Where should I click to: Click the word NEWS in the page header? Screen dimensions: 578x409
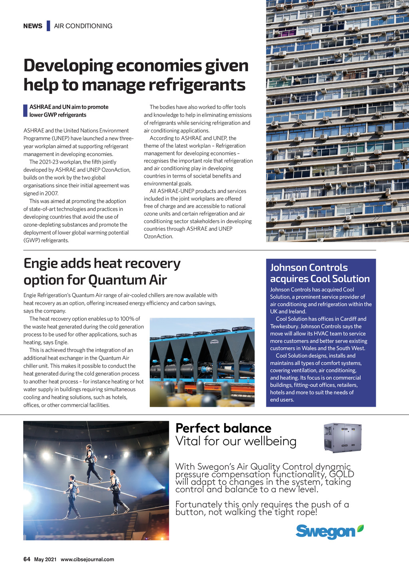[x=33, y=26]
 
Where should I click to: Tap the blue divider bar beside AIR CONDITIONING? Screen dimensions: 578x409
[x=48, y=26]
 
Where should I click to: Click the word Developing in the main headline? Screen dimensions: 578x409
[x=68, y=65]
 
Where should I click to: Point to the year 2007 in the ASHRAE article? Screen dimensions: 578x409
[x=52, y=193]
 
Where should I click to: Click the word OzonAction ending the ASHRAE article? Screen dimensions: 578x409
[x=158, y=236]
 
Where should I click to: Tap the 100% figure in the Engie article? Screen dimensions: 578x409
[x=127, y=319]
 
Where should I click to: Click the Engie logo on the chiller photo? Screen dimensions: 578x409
[x=214, y=342]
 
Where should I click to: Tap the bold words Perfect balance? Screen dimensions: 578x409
[x=223, y=428]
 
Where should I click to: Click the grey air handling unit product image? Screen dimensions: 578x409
[x=342, y=437]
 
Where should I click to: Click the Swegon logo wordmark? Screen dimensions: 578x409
[x=325, y=532]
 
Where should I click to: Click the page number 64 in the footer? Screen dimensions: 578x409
[x=27, y=559]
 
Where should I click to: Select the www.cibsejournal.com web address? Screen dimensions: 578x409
[x=87, y=560]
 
